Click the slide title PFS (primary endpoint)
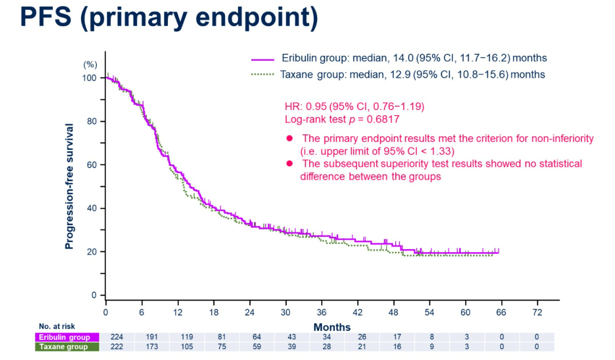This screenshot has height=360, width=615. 169,18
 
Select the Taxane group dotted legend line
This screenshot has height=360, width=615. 263,75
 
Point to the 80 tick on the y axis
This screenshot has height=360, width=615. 103,121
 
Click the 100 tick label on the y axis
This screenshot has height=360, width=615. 91,78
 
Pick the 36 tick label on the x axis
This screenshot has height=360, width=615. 321,312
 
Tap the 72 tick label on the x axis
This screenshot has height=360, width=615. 537,312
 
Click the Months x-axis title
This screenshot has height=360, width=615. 332,327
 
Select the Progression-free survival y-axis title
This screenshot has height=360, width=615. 69,186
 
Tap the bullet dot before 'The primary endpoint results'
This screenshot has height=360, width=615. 289,138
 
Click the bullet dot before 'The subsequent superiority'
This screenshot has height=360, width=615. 289,164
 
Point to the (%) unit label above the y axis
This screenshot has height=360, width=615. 91,64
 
